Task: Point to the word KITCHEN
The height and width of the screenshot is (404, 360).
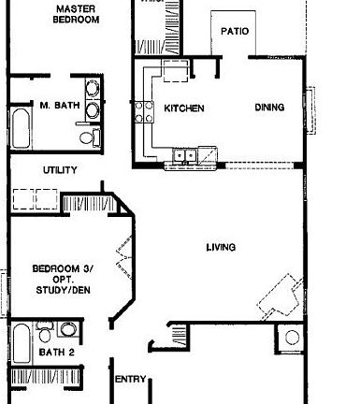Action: [183, 108]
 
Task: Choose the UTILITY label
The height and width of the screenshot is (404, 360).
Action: [60, 170]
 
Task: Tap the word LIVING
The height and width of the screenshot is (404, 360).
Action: [221, 248]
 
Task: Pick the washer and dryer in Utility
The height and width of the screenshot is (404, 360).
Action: [36, 201]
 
